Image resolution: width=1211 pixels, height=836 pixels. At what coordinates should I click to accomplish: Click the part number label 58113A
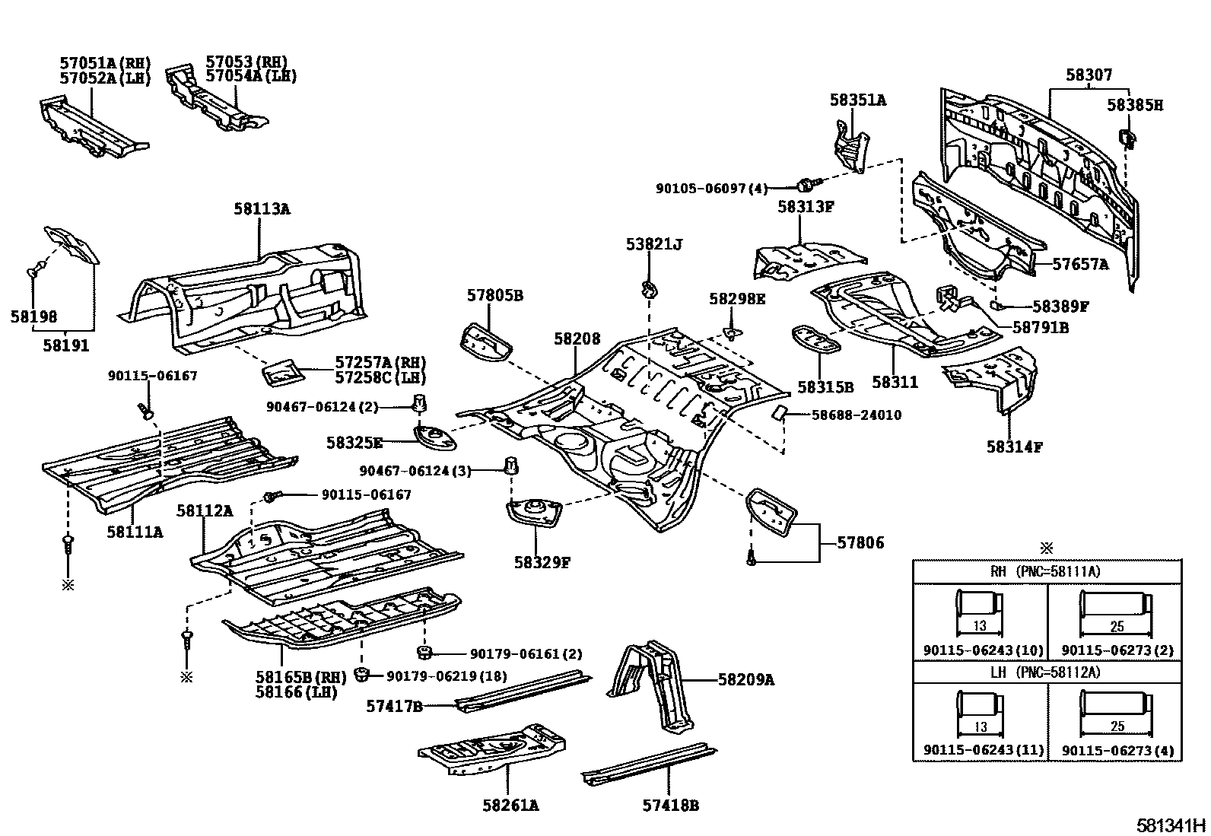point(262,208)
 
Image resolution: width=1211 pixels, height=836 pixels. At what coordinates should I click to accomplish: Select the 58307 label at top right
point(1089,75)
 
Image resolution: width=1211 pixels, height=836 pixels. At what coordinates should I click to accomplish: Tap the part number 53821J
point(654,244)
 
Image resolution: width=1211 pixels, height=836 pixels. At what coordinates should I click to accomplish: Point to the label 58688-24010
point(857,415)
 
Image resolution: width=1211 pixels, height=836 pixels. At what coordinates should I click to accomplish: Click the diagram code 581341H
point(1171,825)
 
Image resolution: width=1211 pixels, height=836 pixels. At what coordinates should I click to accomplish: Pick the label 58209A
point(746,680)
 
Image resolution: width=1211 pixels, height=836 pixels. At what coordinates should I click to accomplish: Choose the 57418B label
point(670,806)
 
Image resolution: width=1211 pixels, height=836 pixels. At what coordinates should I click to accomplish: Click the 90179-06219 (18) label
point(447,676)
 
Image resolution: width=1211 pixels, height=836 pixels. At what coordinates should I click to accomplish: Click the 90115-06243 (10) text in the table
point(983,650)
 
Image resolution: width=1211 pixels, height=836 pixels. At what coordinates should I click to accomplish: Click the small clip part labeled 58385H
point(1126,138)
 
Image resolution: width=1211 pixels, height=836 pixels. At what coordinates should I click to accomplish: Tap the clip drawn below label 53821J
point(649,289)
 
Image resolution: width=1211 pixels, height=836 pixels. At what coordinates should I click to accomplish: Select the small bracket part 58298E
point(731,332)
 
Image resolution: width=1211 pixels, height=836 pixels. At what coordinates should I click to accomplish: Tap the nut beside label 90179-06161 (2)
point(424,652)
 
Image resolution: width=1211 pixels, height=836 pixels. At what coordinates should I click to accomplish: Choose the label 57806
point(860,543)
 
